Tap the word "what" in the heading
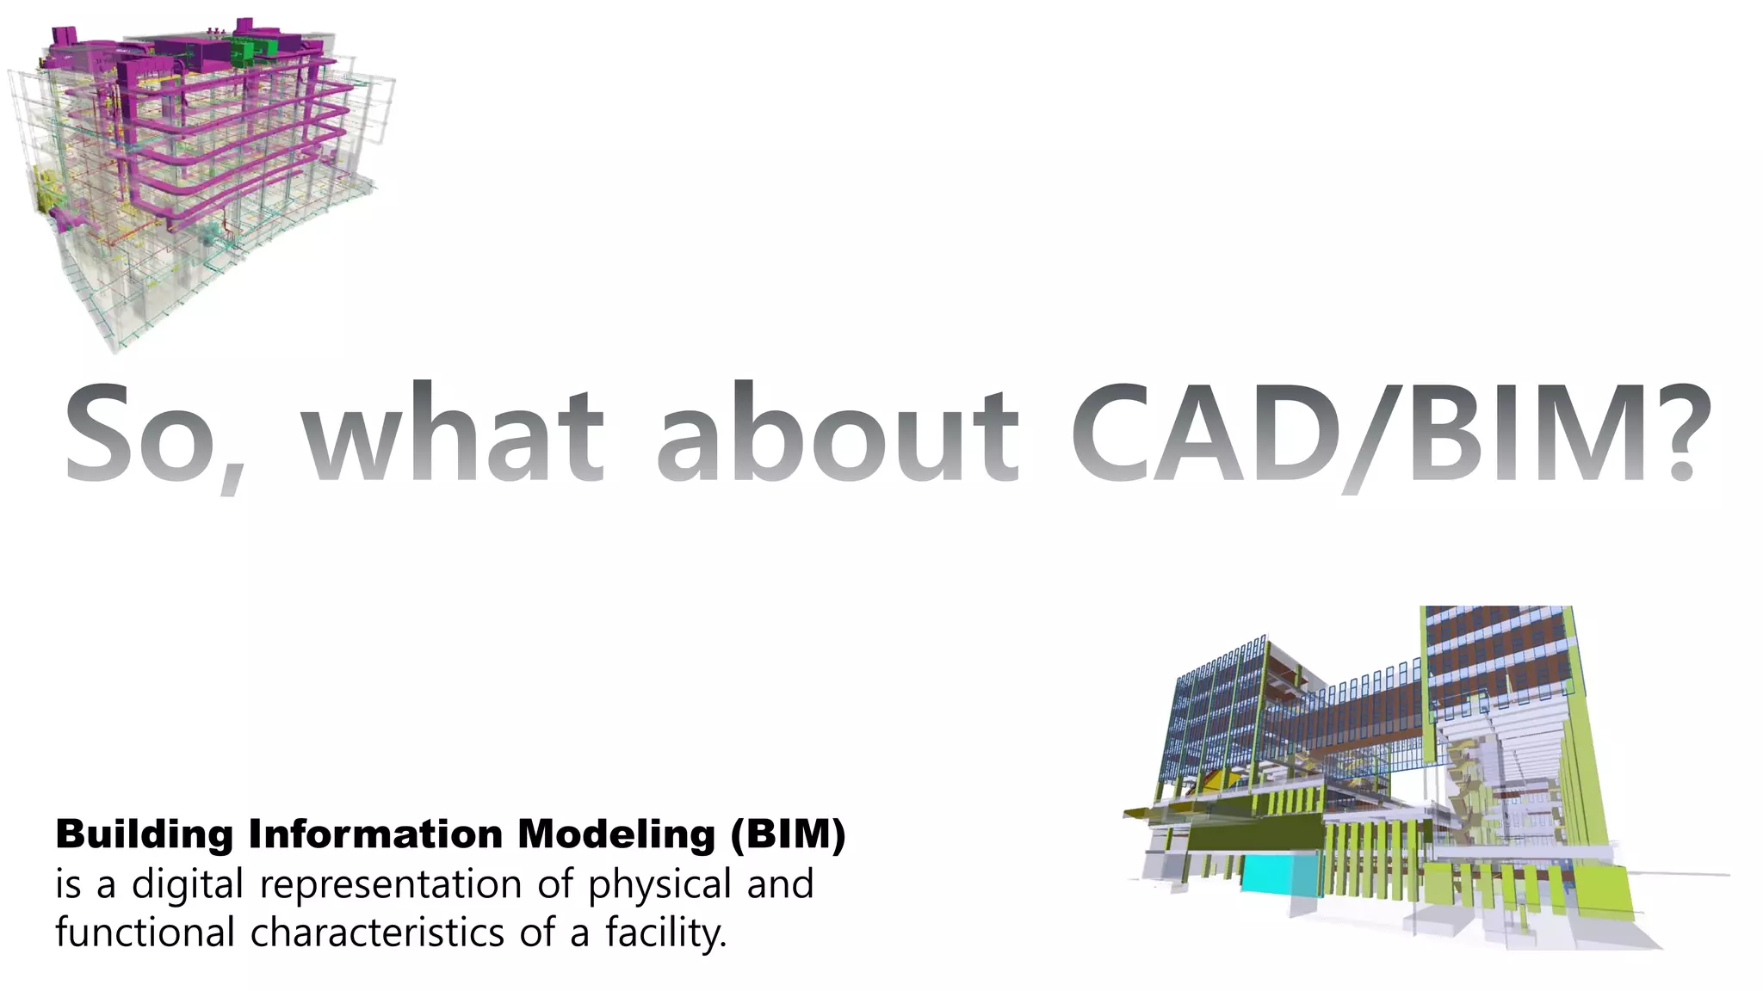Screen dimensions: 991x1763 pyautogui.click(x=452, y=434)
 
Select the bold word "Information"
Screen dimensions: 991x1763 pyautogui.click(x=375, y=835)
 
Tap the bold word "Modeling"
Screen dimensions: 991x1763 pyautogui.click(x=616, y=835)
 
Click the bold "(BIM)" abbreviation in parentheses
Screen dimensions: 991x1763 pyautogui.click(x=788, y=835)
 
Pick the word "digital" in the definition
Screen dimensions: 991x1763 pyautogui.click(x=187, y=884)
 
